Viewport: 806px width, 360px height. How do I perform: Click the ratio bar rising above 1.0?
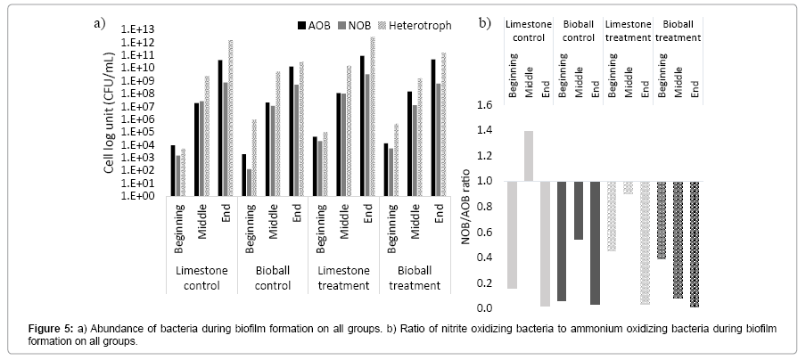528,156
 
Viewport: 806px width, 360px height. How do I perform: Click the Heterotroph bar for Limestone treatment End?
372,116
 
